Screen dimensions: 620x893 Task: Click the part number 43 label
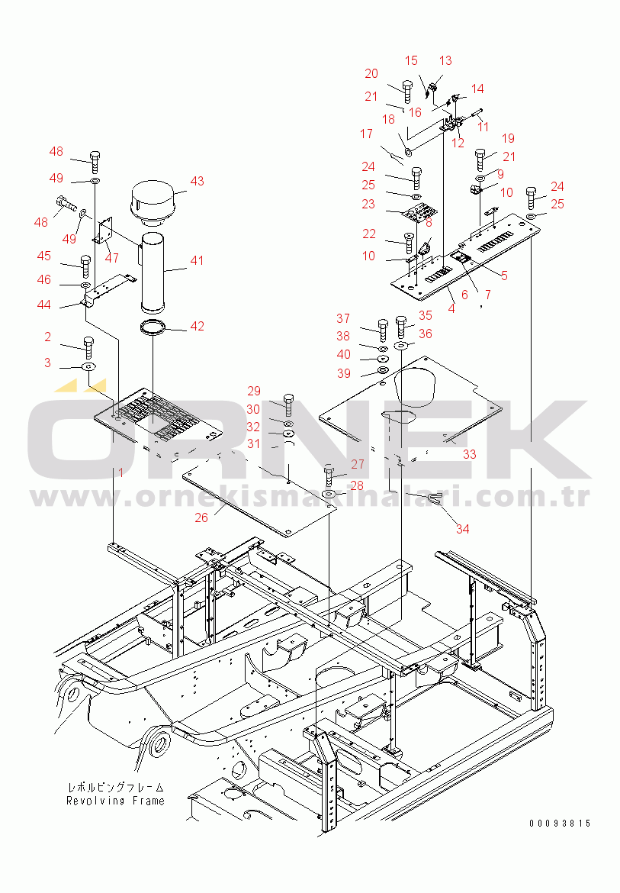[x=197, y=181]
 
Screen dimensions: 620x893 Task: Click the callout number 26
[x=201, y=517]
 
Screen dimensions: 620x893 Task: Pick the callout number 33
[x=469, y=454]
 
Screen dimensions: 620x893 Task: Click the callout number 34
[x=462, y=529]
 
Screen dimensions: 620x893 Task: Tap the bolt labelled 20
[x=408, y=92]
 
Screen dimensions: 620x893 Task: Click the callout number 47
[x=112, y=258]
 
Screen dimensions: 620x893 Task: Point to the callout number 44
[x=43, y=305]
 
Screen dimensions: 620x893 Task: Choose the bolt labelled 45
[x=86, y=266]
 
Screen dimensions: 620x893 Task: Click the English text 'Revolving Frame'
[x=115, y=801]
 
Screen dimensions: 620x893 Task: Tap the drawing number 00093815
[x=561, y=823]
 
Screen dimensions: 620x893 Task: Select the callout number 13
[x=445, y=60]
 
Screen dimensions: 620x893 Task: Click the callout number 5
[x=504, y=276]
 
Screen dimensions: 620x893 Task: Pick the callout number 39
[x=344, y=373]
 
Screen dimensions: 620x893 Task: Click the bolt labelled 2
[x=88, y=347]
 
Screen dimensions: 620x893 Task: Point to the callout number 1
[x=120, y=472]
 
